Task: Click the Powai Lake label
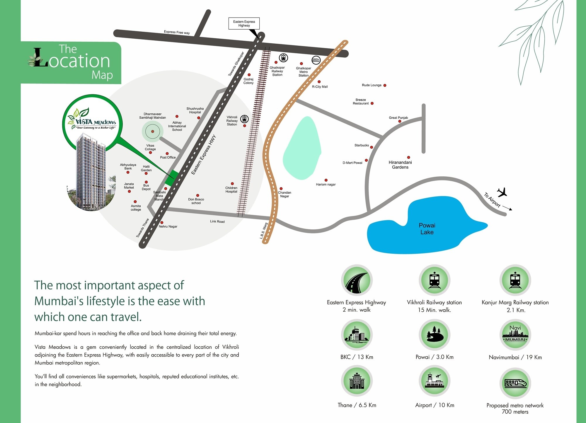pos(427,229)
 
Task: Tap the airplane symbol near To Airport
pos(502,192)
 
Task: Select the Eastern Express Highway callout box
pos(244,23)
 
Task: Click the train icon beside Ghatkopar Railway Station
pos(283,58)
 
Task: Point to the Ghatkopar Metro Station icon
pos(316,60)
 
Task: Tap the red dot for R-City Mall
pos(319,82)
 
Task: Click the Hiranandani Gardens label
pos(400,165)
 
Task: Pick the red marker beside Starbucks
pos(372,147)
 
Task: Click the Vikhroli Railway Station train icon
pos(244,119)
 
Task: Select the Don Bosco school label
pos(196,201)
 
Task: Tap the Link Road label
pos(217,221)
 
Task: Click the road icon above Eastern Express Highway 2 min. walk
pos(357,280)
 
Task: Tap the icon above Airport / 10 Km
pos(434,381)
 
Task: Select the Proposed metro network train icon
pos(515,383)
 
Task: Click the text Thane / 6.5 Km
pos(357,405)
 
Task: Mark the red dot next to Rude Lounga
pos(385,86)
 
